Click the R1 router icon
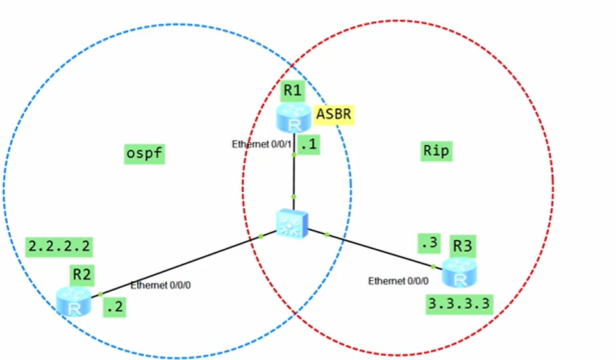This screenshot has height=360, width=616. (x=293, y=119)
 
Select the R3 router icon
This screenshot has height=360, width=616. (x=459, y=273)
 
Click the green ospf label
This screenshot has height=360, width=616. (x=144, y=154)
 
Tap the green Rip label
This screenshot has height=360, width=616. (x=437, y=151)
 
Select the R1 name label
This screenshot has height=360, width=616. (x=293, y=91)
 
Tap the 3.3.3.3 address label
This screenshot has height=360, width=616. (x=460, y=304)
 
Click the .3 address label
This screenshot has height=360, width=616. (x=428, y=244)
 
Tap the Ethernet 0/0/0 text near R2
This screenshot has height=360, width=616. (x=160, y=285)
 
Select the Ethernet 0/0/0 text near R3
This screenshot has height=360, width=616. (x=398, y=281)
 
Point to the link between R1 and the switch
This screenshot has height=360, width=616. (x=294, y=176)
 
